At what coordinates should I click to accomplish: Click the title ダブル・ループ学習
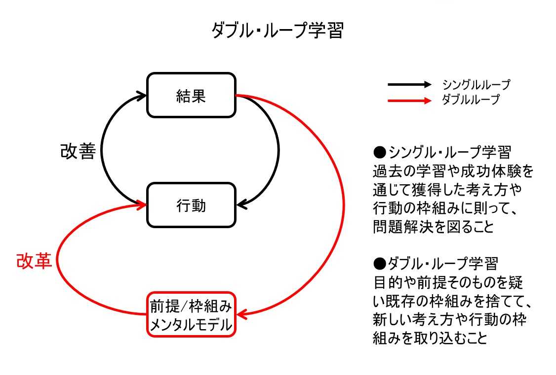[x=277, y=32]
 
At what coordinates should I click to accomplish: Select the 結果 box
[x=191, y=95]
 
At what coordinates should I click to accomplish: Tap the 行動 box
[x=191, y=205]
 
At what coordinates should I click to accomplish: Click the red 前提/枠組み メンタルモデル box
[x=191, y=315]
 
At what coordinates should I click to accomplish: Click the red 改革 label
[x=34, y=261]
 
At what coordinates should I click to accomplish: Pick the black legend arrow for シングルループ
[x=409, y=85]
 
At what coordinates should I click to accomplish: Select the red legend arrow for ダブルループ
[x=409, y=101]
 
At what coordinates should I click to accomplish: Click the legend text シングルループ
[x=476, y=85]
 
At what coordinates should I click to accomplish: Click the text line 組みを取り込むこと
[x=430, y=339]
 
